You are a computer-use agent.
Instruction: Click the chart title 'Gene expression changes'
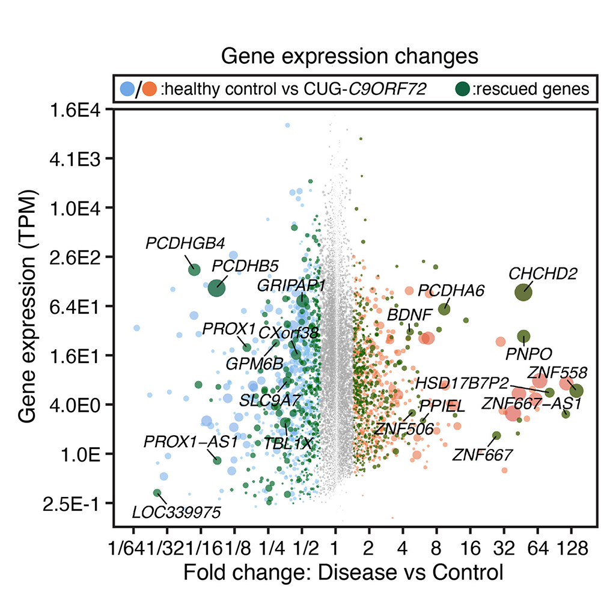tap(349, 56)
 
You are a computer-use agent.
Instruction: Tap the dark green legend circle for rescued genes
tap(462, 89)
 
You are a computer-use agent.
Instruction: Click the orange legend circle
tap(150, 90)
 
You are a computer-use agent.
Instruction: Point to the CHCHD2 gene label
tap(542, 274)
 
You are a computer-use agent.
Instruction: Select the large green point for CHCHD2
tap(524, 293)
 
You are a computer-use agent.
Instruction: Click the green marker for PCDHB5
tap(216, 288)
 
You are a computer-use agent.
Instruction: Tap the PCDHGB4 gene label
tap(185, 243)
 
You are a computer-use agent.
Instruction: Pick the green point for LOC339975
tap(157, 493)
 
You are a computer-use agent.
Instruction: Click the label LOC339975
tap(176, 513)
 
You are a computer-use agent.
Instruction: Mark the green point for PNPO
tap(523, 337)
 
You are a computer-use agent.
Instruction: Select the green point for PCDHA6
tap(444, 309)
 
